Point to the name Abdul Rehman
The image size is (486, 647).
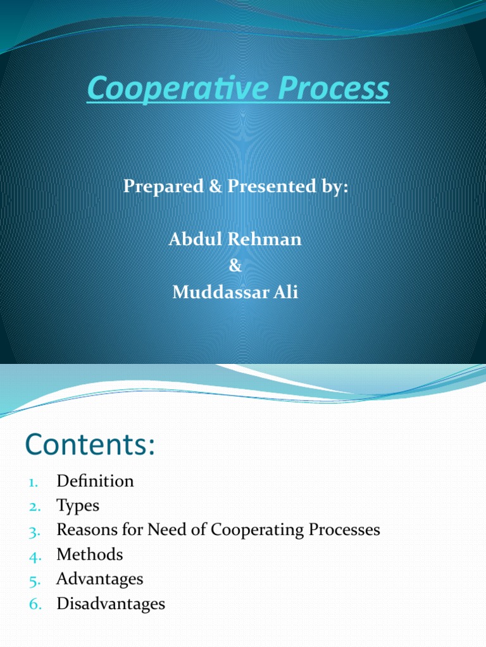tap(235, 239)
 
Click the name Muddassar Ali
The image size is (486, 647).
tap(235, 293)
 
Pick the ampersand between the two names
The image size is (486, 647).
tap(235, 266)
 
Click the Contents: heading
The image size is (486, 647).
tap(90, 445)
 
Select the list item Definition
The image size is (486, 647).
tap(95, 481)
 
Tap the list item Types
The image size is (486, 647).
tap(77, 505)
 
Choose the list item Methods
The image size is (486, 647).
tap(89, 555)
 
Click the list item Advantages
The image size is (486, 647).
tap(99, 579)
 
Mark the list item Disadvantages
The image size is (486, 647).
tap(110, 603)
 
